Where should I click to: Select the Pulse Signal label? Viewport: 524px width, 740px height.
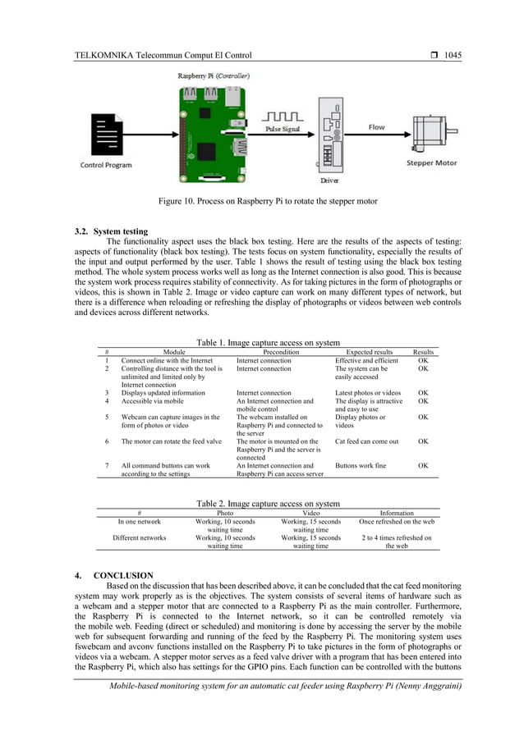[x=284, y=129]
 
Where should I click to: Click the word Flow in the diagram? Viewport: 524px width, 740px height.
[x=375, y=127]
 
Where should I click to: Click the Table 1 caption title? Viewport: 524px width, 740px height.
[x=268, y=342]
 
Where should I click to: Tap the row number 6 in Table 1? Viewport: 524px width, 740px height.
[x=107, y=441]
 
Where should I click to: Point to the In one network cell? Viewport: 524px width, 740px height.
[x=139, y=521]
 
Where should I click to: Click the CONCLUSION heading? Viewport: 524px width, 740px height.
[x=130, y=575]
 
